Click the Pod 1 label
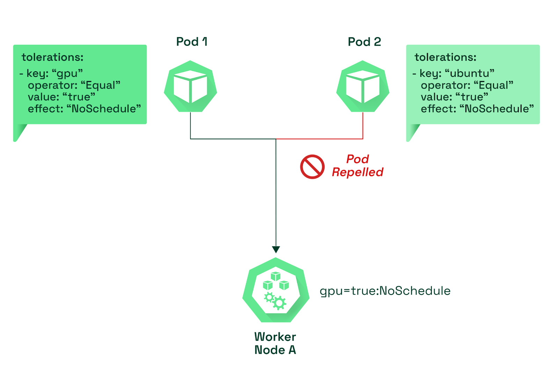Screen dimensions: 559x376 pyautogui.click(x=192, y=42)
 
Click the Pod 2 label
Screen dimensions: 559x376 pyautogui.click(x=364, y=42)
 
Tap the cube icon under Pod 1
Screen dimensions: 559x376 pyautogui.click(x=190, y=86)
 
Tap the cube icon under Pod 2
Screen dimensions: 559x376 pyautogui.click(x=363, y=86)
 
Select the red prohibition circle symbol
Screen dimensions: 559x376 pyautogui.click(x=312, y=167)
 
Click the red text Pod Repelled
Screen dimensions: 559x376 pyautogui.click(x=357, y=165)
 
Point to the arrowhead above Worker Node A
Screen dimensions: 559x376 pyautogui.click(x=276, y=250)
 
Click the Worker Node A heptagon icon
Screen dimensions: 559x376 pyautogui.click(x=276, y=290)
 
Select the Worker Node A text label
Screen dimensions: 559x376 pyautogui.click(x=275, y=343)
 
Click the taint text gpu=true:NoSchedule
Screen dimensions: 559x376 pyautogui.click(x=385, y=291)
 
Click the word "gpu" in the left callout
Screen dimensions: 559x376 pyautogui.click(x=67, y=74)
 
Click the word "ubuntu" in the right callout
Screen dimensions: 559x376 pyautogui.click(x=470, y=73)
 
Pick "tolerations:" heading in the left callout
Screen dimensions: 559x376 pyautogui.click(x=52, y=57)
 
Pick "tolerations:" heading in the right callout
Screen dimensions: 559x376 pyautogui.click(x=445, y=57)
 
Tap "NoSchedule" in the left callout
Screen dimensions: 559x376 pyautogui.click(x=103, y=109)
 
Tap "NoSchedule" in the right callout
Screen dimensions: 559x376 pyautogui.click(x=496, y=109)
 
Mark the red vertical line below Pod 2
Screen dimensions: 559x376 pyautogui.click(x=363, y=125)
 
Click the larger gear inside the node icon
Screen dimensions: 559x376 pyautogui.click(x=279, y=303)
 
